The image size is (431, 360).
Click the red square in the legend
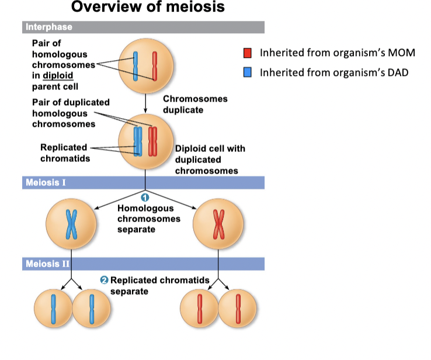pyautogui.click(x=248, y=53)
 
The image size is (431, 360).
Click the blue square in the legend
pyautogui.click(x=248, y=72)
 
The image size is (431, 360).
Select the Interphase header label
pyautogui.click(x=49, y=27)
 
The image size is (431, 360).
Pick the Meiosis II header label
pyautogui.click(x=47, y=264)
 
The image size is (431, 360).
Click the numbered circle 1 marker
pyautogui.click(x=145, y=196)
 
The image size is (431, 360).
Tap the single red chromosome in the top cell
pyautogui.click(x=155, y=66)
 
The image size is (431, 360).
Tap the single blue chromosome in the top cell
pyautogui.click(x=135, y=66)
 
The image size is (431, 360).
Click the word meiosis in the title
pyautogui.click(x=190, y=8)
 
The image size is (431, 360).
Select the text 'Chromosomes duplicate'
pyautogui.click(x=195, y=104)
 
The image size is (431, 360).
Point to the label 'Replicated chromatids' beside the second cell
pyautogui.click(x=64, y=153)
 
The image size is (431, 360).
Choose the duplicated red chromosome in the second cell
pyautogui.click(x=153, y=141)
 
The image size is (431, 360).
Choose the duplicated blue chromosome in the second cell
pyautogui.click(x=138, y=141)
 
